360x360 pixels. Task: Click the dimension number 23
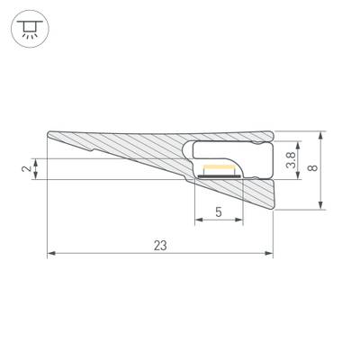coord(160,245)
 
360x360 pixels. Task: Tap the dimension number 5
coord(220,212)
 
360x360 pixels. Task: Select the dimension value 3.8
coord(290,160)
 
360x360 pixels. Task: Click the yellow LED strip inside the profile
coord(220,170)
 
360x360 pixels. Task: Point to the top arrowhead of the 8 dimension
coord(321,135)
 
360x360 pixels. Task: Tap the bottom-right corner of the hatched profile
coord(272,210)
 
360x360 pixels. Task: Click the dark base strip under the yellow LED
coord(220,176)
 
